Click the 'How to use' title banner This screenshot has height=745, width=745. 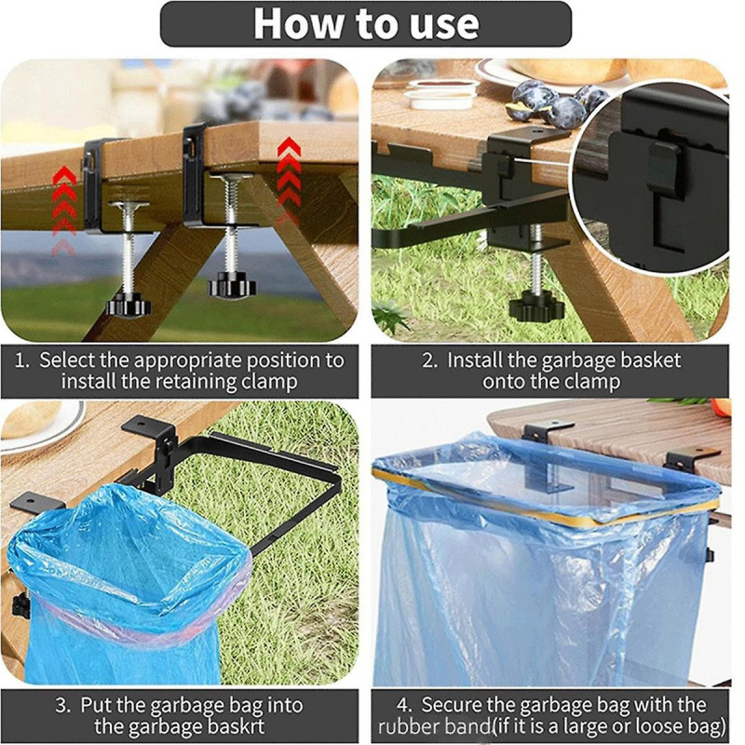365,23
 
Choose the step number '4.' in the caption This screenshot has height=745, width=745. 407,704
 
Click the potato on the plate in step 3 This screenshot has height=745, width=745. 28,419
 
